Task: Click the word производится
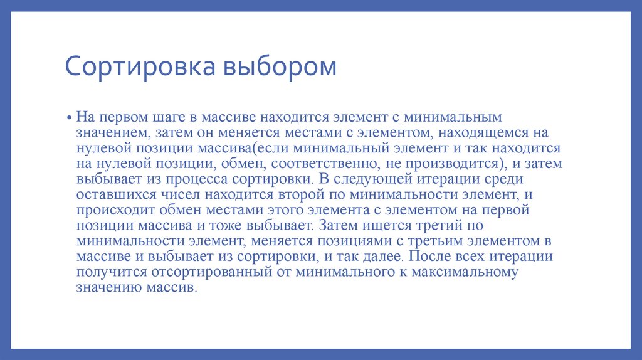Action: point(453,164)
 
